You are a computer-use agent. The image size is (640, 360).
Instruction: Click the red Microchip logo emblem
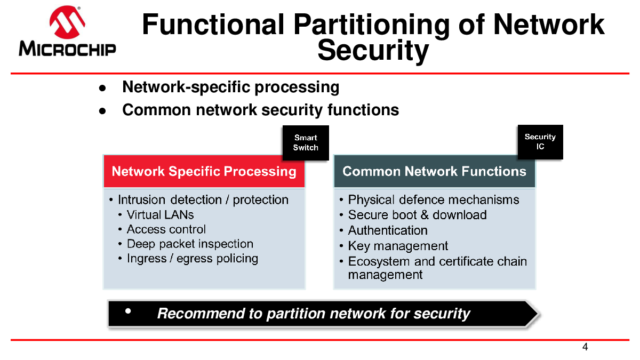pos(67,22)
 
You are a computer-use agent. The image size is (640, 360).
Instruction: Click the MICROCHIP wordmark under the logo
pos(67,49)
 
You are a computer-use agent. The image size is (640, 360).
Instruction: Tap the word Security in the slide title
pos(373,51)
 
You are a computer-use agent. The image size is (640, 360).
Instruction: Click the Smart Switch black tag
pos(306,142)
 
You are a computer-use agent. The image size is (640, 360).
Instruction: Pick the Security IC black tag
pos(540,142)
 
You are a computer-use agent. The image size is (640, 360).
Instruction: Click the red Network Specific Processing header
pos(204,171)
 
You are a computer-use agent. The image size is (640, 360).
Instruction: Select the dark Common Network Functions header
pos(434,171)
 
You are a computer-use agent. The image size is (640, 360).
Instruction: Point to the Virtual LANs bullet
pos(161,215)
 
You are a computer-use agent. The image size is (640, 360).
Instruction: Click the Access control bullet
pos(166,229)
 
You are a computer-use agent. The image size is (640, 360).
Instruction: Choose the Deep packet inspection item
pos(190,244)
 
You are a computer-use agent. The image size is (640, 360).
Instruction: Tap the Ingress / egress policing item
pos(193,259)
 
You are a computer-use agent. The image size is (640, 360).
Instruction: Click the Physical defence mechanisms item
pos(434,199)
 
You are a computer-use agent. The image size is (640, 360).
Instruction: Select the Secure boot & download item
pos(417,215)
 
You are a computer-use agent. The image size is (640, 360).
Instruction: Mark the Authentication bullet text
pos(388,230)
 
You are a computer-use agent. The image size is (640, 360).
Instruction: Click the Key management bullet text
pos(398,246)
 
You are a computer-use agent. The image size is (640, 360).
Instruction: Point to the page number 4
pos(585,347)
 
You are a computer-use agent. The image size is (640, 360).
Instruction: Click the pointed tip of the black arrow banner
pos(539,314)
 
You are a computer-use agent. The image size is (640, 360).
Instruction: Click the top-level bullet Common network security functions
pos(261,110)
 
